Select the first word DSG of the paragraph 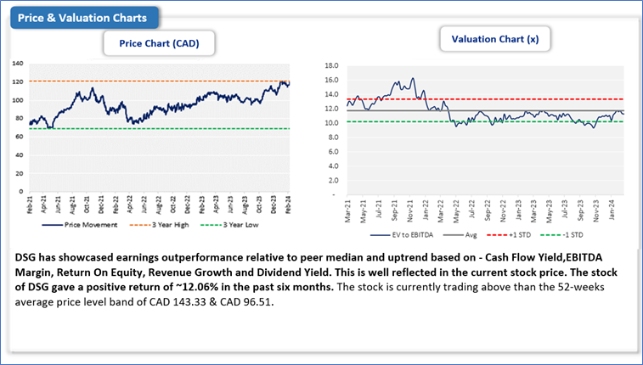click(26, 255)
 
